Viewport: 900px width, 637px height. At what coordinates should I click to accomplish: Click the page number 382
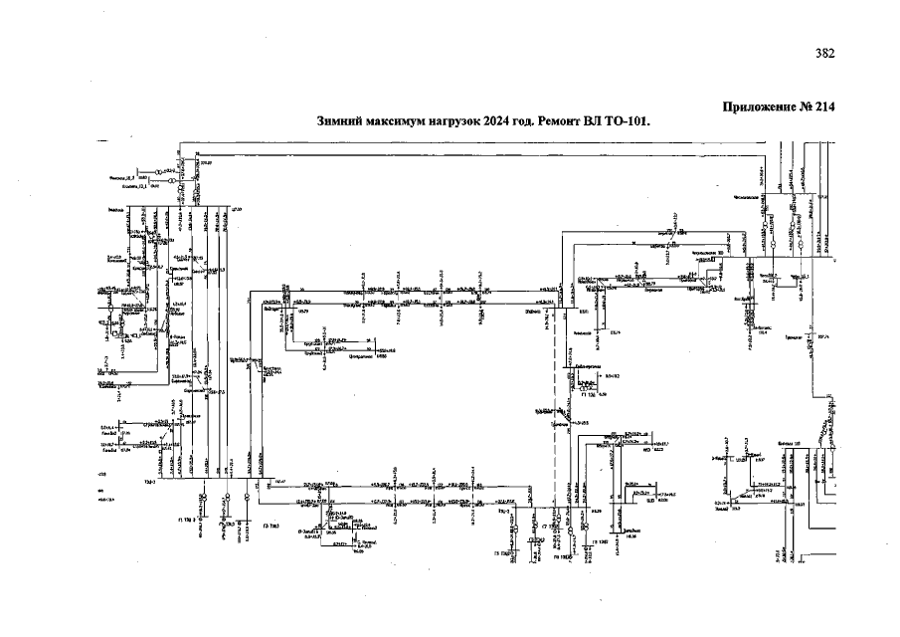[x=824, y=54]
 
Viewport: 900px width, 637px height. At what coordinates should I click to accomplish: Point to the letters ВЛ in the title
[x=604, y=121]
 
